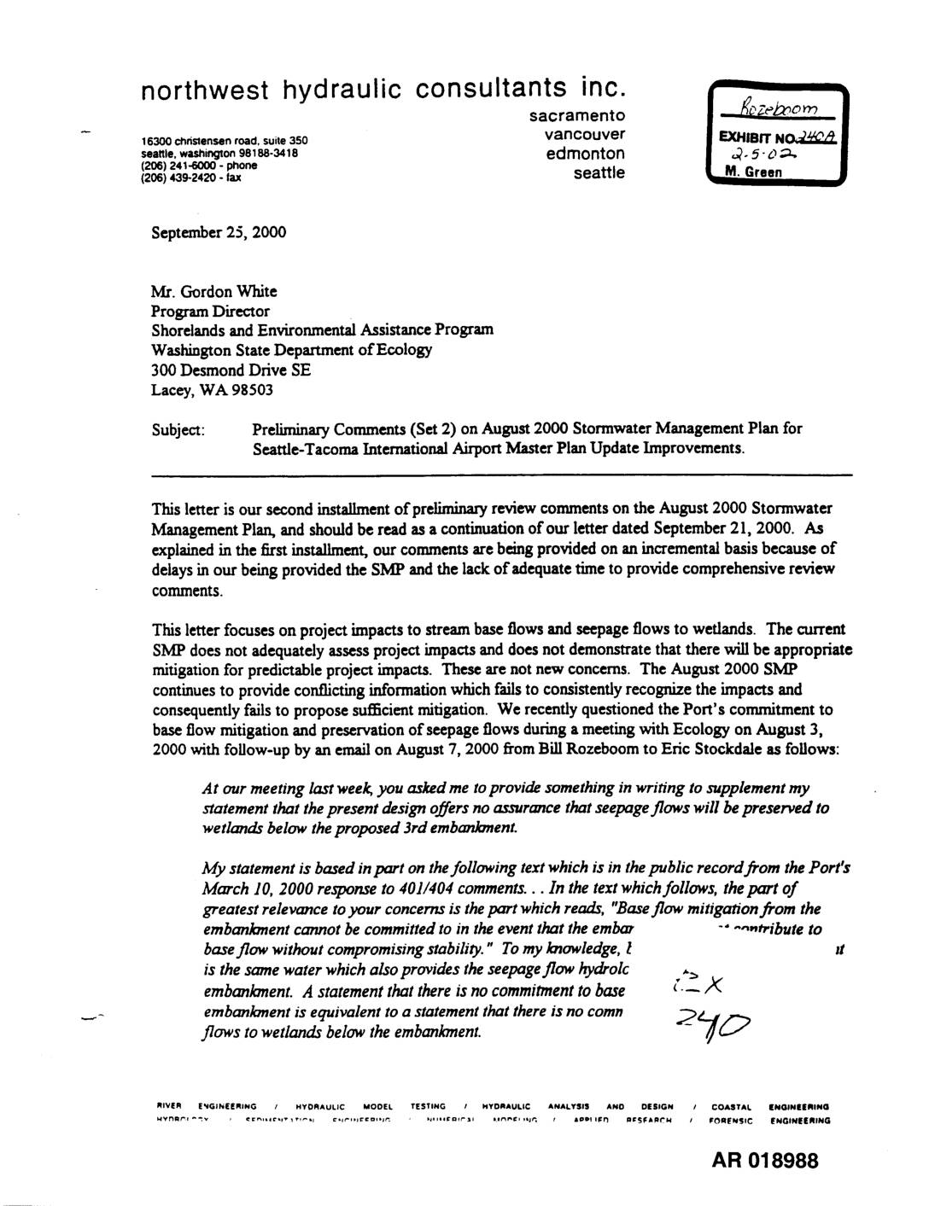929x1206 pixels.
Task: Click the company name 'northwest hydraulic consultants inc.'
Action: tap(383, 89)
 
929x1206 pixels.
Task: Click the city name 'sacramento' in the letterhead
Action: tap(576, 115)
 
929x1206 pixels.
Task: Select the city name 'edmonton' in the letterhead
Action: tap(585, 154)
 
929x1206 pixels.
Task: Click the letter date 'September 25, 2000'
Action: tap(219, 232)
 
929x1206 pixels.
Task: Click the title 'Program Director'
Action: tap(210, 312)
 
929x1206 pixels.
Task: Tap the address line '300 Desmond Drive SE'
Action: tap(231, 370)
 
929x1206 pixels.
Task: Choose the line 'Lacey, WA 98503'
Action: tap(212, 390)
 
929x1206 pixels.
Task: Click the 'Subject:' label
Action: tap(178, 429)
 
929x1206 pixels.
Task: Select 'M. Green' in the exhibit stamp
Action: tap(752, 172)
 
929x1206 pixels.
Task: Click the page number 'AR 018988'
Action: tap(764, 1161)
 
